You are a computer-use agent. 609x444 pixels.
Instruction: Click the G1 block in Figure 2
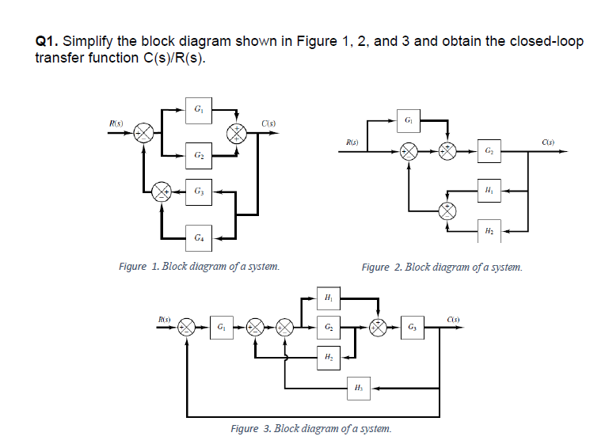[x=407, y=121]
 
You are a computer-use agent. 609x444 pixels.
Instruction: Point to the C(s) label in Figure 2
[x=547, y=142]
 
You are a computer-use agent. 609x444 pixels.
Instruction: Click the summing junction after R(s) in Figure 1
[x=145, y=131]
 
